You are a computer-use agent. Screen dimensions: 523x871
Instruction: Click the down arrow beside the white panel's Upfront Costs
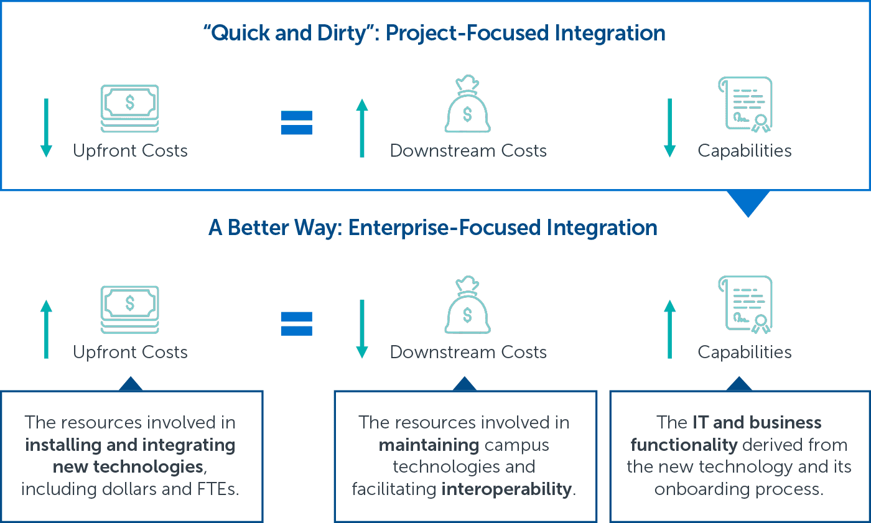46,127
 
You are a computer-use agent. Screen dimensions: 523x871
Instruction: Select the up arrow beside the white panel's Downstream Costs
362,127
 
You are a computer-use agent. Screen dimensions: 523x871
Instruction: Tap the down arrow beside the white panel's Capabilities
669,127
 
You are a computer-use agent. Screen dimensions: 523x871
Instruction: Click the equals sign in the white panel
296,123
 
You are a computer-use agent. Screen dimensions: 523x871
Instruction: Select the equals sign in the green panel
296,324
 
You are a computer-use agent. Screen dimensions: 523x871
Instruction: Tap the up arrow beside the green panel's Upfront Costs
46,329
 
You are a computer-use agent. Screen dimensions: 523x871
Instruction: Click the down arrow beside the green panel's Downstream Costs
362,329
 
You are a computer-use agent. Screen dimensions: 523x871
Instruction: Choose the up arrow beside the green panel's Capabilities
669,329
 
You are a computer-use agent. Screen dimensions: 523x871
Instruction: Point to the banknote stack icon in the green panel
129,308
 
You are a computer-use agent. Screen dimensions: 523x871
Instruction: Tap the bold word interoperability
506,489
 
